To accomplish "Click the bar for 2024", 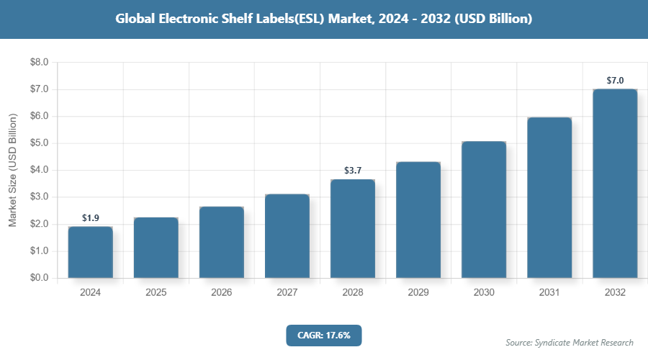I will tap(90, 252).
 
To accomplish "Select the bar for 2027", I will tap(287, 236).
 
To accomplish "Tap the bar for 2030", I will tap(483, 210).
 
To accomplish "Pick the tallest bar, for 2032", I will tap(614, 184).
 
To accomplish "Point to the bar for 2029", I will tap(418, 220).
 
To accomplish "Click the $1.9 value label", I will tap(90, 217).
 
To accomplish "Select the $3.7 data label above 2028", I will tap(352, 171).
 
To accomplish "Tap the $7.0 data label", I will tap(614, 80).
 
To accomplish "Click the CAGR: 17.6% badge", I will tap(323, 335).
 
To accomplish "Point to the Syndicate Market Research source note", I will tap(569, 343).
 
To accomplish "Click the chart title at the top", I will tap(324, 19).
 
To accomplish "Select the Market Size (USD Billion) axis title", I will tap(12, 170).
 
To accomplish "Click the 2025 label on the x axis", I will tap(156, 293).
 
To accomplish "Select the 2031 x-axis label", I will tap(549, 293).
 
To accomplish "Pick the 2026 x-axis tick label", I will tap(221, 293).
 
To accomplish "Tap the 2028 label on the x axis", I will tap(352, 293).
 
